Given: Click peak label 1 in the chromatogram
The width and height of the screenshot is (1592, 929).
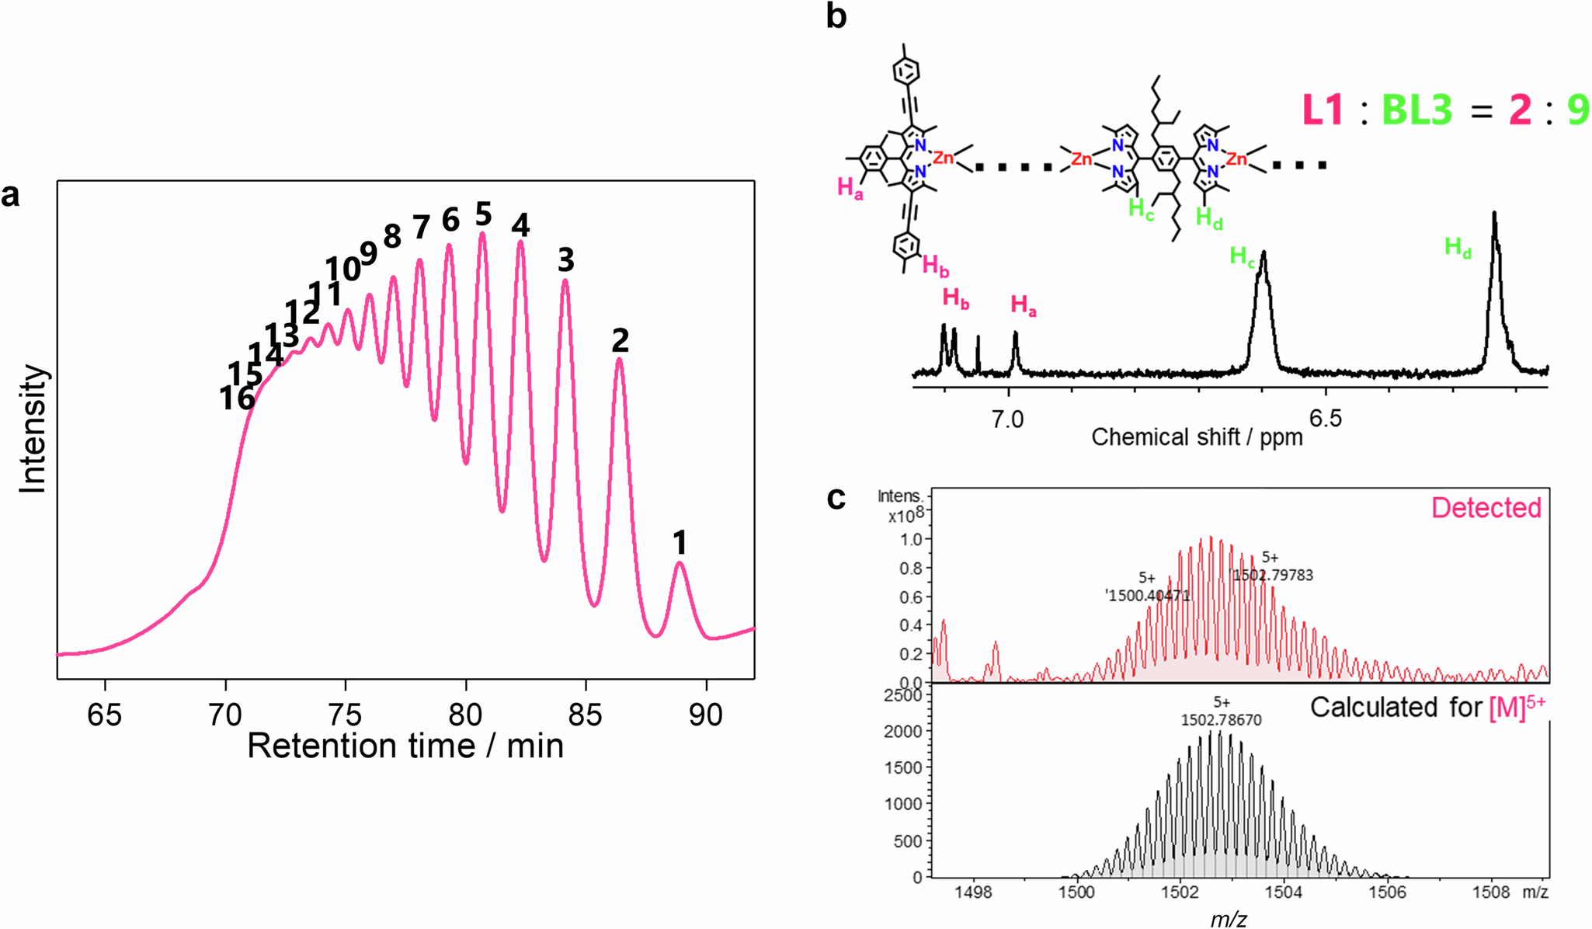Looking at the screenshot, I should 680,542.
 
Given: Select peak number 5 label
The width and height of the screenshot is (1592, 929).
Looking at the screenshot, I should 483,214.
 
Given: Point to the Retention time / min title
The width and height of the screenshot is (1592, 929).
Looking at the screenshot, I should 405,746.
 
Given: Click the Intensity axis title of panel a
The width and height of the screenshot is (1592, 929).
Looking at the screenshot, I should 33,429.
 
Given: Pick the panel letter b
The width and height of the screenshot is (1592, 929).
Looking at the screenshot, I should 836,16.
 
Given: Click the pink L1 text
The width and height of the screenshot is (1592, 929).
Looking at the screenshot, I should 1323,110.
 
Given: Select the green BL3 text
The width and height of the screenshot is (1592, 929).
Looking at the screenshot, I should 1416,110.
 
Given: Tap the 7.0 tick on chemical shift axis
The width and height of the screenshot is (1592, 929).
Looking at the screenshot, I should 1007,420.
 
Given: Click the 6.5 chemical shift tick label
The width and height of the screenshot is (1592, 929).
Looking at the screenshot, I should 1325,419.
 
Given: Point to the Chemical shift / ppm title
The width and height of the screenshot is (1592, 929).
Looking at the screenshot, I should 1196,437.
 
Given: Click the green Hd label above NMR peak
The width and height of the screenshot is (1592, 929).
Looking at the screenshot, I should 1458,248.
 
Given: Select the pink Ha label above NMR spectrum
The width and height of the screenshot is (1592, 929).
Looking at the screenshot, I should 1023,305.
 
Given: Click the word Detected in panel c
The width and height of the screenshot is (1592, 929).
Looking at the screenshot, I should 1486,508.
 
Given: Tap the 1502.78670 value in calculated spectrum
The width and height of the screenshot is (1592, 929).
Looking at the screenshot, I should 1221,720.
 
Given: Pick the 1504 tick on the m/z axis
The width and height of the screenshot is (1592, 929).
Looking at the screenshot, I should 1283,892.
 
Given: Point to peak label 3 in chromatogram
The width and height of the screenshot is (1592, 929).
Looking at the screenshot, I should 565,260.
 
